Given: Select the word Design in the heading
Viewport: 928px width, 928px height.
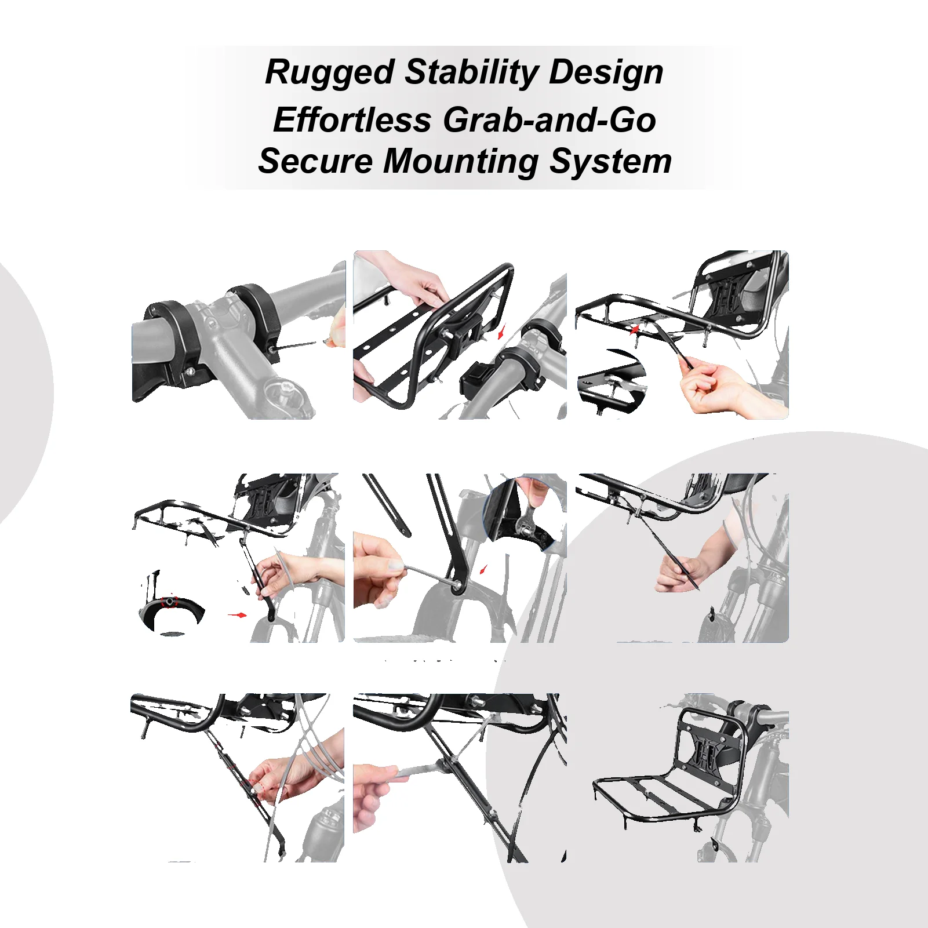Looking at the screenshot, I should click(606, 73).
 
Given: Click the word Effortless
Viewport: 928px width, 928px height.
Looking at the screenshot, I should click(352, 121).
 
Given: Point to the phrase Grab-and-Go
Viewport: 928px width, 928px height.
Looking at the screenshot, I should click(549, 121).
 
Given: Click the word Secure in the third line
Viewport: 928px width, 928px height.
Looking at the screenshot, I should click(315, 161).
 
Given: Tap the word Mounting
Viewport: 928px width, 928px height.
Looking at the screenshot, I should click(461, 161).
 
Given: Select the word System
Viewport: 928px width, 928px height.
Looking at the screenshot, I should click(610, 161).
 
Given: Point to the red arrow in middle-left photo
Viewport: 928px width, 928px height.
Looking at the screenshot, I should click(237, 614).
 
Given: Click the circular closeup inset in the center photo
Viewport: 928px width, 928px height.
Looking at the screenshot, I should click(525, 513).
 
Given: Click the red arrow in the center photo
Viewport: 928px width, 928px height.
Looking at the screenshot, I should click(483, 569).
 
